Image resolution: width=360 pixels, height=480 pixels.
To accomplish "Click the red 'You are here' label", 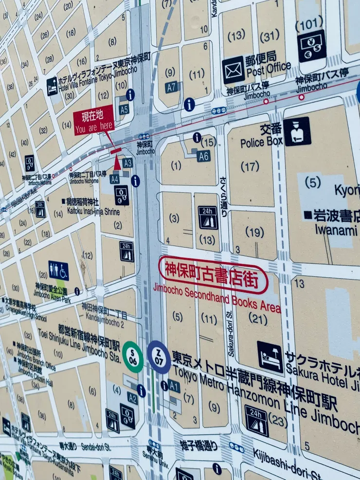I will (x=93, y=120).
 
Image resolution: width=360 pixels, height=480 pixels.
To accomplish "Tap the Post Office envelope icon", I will (x=234, y=70).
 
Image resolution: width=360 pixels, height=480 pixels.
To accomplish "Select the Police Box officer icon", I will (x=297, y=131).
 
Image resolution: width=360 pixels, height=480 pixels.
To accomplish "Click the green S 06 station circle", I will (x=133, y=357).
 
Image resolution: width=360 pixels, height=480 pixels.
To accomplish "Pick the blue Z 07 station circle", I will (x=159, y=357).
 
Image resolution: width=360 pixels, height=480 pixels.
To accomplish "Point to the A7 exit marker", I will (x=172, y=88).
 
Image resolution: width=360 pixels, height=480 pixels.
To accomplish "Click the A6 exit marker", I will (x=204, y=156).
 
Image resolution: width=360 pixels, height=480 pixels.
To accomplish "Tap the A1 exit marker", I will (x=174, y=386).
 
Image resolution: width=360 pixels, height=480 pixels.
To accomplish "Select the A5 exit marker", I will (x=125, y=109).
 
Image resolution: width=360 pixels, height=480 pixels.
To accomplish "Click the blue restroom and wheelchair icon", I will (x=58, y=271).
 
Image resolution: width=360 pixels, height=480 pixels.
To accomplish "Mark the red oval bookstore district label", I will (x=213, y=275).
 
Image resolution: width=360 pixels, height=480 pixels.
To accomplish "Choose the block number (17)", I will (x=250, y=166).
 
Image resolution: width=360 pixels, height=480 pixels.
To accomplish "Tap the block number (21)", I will (x=258, y=318).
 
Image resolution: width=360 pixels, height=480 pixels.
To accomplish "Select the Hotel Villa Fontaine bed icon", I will (x=52, y=87).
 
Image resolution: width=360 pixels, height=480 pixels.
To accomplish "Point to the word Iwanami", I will (x=336, y=229).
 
